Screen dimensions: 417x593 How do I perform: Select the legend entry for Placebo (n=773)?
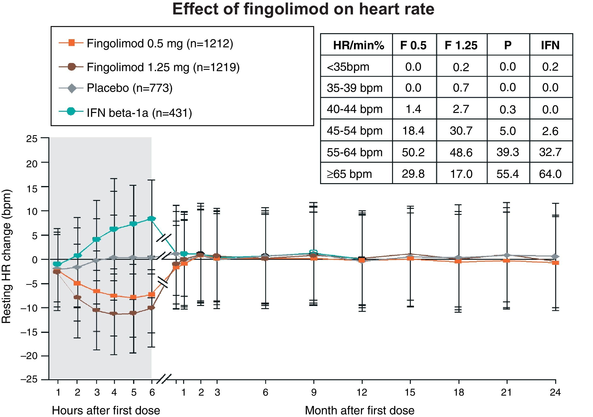coord(129,88)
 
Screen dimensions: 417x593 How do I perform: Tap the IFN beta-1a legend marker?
coord(71,112)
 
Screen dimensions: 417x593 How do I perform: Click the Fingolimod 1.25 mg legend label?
coord(163,67)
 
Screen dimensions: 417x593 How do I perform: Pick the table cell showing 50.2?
coord(413,152)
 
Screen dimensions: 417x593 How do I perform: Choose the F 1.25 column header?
coord(461,45)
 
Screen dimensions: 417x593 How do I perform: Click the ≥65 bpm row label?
coord(349,174)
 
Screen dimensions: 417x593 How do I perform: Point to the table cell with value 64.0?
coord(550,174)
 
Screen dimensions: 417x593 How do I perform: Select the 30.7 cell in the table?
coord(461,131)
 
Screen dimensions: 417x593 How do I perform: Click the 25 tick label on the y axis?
coord(32,139)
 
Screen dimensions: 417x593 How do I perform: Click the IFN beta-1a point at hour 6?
coord(152,219)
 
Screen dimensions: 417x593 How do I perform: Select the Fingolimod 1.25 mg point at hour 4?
coord(114,314)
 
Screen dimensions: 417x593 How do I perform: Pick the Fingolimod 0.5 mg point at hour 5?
coord(133,297)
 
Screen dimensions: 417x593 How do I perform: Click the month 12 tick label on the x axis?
coord(362,392)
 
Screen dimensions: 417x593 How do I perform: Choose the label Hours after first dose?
coord(106,410)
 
